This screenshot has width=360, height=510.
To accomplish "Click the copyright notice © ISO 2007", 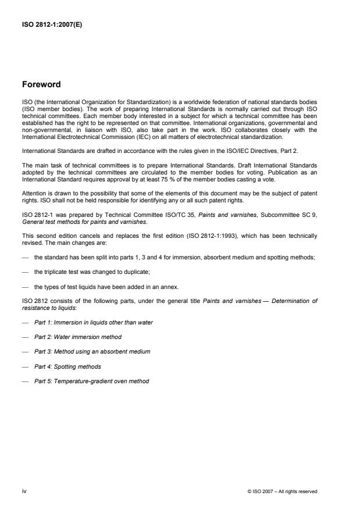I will tap(282, 491).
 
